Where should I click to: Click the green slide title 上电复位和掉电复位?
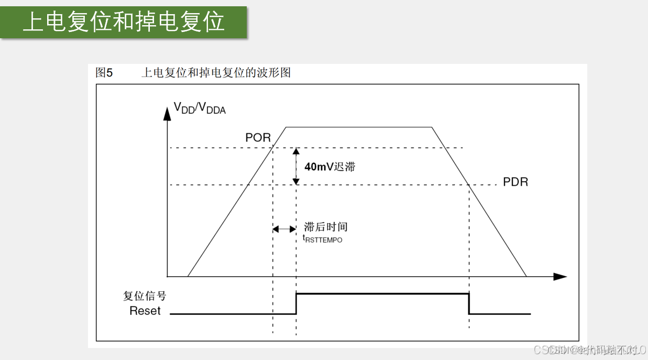pos(124,23)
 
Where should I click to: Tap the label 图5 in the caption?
pos(104,73)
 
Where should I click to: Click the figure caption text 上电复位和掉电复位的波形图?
pos(216,73)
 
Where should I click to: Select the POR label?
pos(258,138)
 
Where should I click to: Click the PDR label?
pos(515,182)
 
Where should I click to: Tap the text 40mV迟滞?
pos(330,167)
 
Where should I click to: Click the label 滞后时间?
pos(326,227)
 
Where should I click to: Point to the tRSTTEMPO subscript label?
pos(323,239)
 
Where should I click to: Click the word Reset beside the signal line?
pos(145,311)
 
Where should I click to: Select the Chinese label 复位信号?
pos(145,296)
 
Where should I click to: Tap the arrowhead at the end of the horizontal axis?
pos(561,276)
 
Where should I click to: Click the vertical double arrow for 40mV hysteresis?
pos(296,166)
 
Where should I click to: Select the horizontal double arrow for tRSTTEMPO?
pos(284,229)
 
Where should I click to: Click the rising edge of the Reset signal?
pos(296,304)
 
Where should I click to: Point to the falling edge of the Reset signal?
pos(469,304)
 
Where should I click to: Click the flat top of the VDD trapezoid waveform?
pos(359,127)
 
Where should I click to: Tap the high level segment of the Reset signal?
pos(382,294)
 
